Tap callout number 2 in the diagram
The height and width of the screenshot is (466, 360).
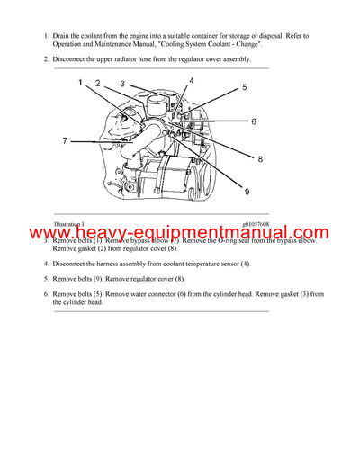(x=97, y=83)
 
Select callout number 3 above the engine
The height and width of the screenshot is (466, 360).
(x=122, y=84)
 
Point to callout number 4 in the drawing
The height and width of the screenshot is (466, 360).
(x=191, y=81)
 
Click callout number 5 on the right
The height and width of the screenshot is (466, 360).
(x=243, y=87)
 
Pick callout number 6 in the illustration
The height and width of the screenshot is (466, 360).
(x=254, y=121)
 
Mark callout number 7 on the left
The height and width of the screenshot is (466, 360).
(x=65, y=140)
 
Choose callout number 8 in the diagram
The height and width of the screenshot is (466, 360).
(x=260, y=159)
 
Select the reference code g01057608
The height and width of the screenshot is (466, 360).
(x=256, y=224)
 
